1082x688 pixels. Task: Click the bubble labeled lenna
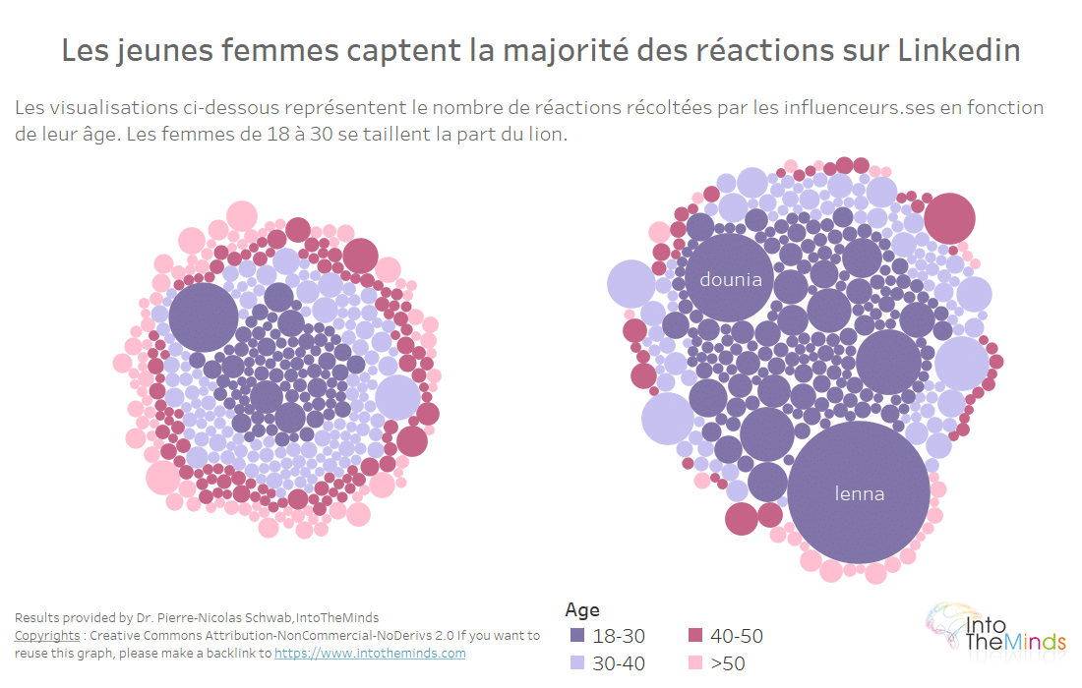click(x=859, y=492)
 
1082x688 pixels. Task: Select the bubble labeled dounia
click(x=731, y=279)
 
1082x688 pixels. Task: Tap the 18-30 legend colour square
click(x=577, y=636)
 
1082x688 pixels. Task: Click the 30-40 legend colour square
click(x=577, y=663)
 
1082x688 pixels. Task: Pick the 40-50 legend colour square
click(x=694, y=636)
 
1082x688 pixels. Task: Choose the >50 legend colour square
click(x=694, y=663)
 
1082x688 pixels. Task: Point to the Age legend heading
click(x=582, y=609)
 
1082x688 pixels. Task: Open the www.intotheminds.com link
click(x=370, y=653)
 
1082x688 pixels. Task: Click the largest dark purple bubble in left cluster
click(x=204, y=317)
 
